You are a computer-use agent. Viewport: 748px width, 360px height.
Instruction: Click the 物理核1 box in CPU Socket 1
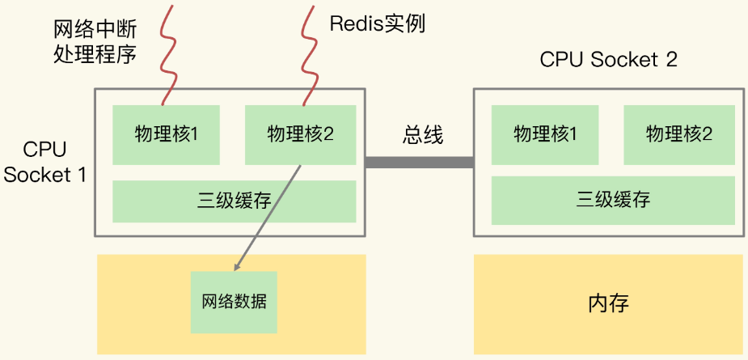(x=166, y=134)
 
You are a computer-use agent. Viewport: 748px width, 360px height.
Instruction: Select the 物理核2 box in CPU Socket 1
(x=300, y=134)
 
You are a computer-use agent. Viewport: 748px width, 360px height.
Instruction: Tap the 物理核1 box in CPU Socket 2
(x=545, y=134)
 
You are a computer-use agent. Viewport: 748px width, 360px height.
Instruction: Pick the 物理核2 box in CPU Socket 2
(x=678, y=134)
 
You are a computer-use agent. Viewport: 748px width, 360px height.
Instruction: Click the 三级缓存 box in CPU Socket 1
(x=234, y=201)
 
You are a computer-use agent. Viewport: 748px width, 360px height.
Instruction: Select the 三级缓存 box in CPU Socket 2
(x=612, y=200)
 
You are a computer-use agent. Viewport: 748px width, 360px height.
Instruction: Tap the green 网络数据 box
(x=234, y=303)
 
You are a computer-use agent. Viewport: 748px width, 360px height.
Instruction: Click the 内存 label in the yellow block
(x=607, y=304)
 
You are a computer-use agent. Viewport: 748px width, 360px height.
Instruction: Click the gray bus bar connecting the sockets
(x=419, y=163)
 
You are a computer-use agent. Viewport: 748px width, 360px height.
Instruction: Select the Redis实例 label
(x=377, y=23)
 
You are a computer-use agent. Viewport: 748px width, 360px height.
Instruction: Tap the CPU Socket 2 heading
(x=608, y=60)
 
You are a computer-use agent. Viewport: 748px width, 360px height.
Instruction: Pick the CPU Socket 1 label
(x=44, y=163)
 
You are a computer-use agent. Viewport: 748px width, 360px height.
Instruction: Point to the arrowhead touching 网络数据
(x=237, y=266)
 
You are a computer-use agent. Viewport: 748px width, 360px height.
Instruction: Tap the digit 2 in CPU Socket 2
(x=670, y=60)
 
